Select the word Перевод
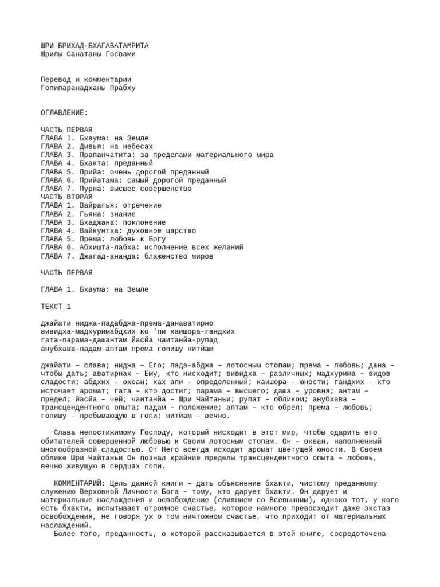56,79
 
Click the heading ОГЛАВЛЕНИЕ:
64,113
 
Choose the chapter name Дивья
91,147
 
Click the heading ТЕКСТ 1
56,307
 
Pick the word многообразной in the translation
71,450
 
